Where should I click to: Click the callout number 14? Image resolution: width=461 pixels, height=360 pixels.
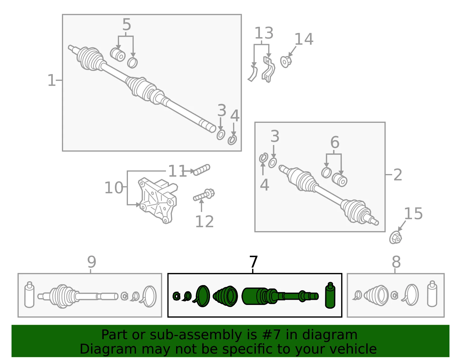(304, 39)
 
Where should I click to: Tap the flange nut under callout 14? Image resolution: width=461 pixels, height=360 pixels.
(286, 61)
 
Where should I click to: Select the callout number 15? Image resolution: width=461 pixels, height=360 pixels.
(413, 213)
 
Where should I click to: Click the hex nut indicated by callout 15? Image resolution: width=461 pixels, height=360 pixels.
(395, 238)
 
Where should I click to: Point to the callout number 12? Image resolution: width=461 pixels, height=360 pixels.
(204, 221)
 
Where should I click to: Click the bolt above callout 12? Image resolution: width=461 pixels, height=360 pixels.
(204, 195)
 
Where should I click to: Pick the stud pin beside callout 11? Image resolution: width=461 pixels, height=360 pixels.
(201, 170)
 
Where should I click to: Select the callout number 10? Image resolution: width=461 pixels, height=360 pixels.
(114, 188)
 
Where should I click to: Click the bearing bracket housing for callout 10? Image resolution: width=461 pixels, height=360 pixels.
(158, 201)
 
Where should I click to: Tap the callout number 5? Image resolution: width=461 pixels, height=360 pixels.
(127, 24)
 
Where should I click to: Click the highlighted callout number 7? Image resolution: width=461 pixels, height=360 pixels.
(254, 262)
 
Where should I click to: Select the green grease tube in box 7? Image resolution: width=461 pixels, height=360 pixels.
(330, 295)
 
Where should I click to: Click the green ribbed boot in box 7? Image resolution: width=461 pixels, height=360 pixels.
(225, 296)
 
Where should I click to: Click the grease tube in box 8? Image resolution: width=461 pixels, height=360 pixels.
(432, 294)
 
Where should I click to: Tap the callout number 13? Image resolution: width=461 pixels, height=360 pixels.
(264, 33)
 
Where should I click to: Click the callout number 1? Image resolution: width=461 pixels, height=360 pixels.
(52, 80)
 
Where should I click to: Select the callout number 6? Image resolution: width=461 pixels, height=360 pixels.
(335, 142)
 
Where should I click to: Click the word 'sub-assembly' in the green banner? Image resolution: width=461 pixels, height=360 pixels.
(196, 335)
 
